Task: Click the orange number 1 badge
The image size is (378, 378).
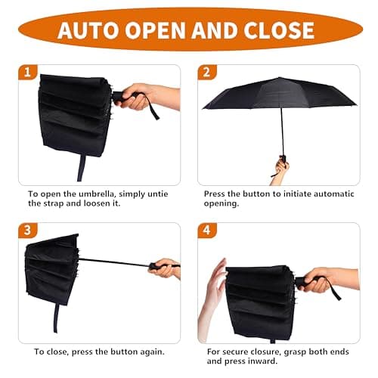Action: coord(28,73)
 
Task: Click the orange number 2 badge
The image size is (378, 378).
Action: coord(206,73)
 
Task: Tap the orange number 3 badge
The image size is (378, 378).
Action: coord(28,230)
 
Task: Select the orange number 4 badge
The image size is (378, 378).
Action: coord(206,230)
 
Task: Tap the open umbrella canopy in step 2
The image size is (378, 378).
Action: coord(280,94)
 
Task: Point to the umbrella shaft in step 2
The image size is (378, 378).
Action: coord(282,132)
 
